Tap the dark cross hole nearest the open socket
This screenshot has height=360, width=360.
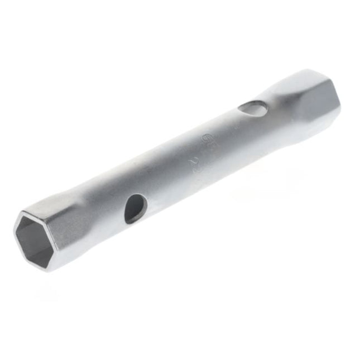pos(135,208)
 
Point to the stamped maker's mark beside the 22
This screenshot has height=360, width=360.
pos(207,136)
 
